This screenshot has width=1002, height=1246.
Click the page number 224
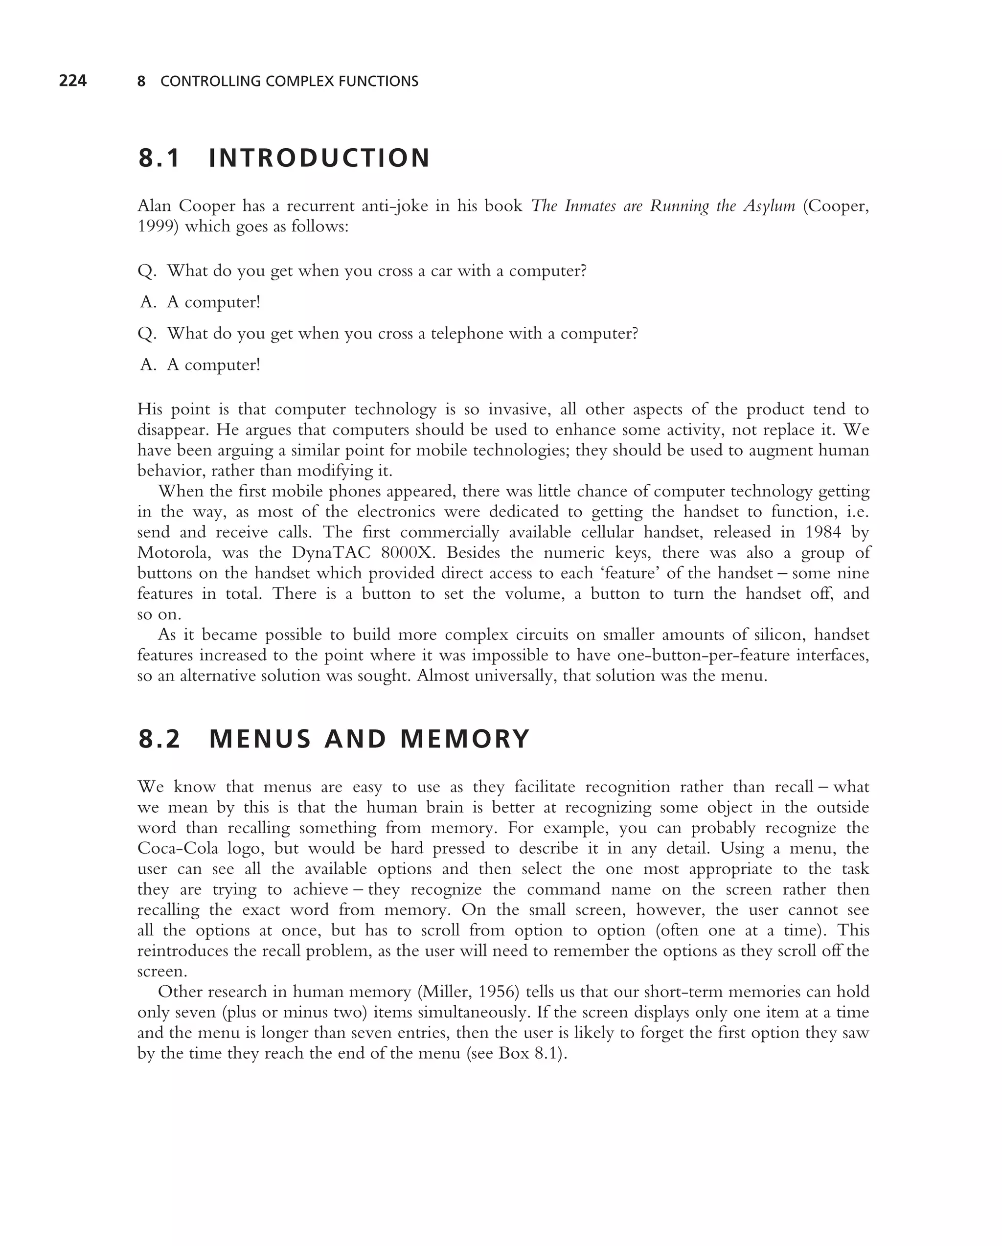(x=73, y=81)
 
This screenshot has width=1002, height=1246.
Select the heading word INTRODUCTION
(x=319, y=159)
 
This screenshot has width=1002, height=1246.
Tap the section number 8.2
(x=159, y=739)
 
